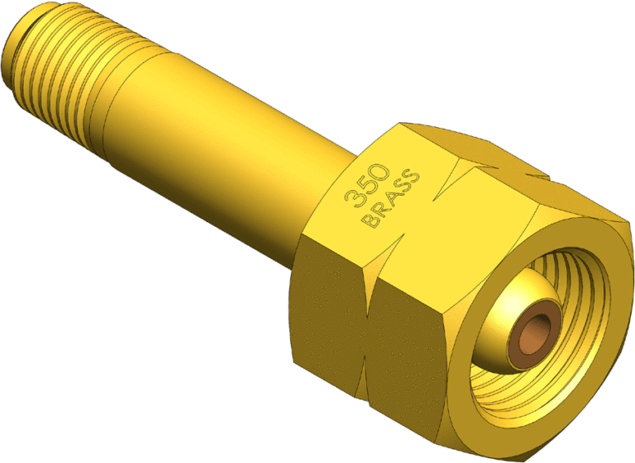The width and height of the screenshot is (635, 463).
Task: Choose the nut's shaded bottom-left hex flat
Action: pos(322,322)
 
